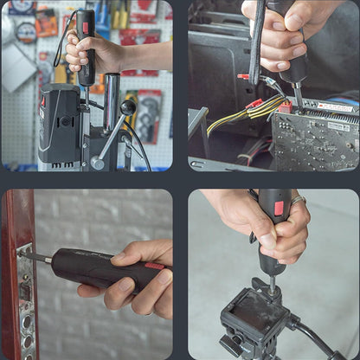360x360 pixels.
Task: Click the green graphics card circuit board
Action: point(312,138)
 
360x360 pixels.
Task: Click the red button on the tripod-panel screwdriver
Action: point(278,208)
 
